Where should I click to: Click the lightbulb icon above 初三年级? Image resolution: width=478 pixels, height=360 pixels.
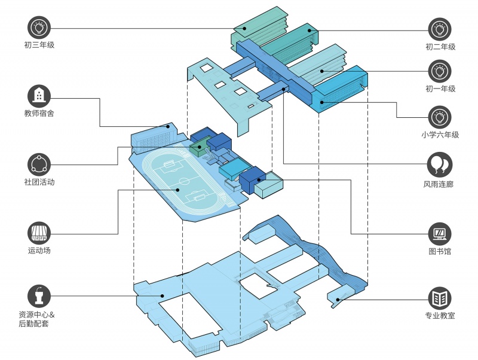coord(39,28)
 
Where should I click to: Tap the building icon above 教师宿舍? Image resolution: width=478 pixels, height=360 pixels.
coord(39,96)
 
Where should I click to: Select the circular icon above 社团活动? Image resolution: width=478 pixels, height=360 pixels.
coord(39,164)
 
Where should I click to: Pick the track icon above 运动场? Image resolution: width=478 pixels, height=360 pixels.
coord(39,233)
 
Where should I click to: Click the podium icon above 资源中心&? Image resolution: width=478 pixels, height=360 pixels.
coord(39,296)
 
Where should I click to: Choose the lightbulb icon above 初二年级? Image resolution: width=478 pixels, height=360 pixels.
coord(440,29)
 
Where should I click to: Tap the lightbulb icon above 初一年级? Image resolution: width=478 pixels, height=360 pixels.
coord(440,71)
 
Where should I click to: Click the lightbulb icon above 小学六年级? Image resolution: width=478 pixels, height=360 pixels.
coord(440,117)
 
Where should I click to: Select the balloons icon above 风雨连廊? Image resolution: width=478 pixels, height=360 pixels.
coord(440,164)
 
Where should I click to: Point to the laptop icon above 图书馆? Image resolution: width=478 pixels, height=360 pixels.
coord(440,234)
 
